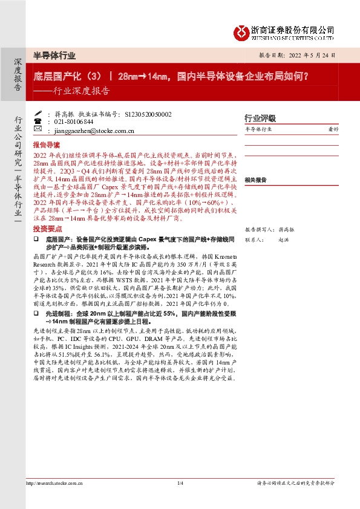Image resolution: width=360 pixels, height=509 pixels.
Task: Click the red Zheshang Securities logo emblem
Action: [x=242, y=31]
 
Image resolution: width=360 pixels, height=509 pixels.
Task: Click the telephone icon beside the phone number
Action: [x=38, y=122]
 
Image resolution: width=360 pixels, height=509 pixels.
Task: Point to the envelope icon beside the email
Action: [x=38, y=129]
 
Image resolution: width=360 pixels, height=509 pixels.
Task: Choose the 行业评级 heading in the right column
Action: [x=260, y=118]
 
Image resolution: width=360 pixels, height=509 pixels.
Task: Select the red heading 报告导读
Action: [x=47, y=146]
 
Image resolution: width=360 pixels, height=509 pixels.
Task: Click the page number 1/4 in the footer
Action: [x=180, y=483]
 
